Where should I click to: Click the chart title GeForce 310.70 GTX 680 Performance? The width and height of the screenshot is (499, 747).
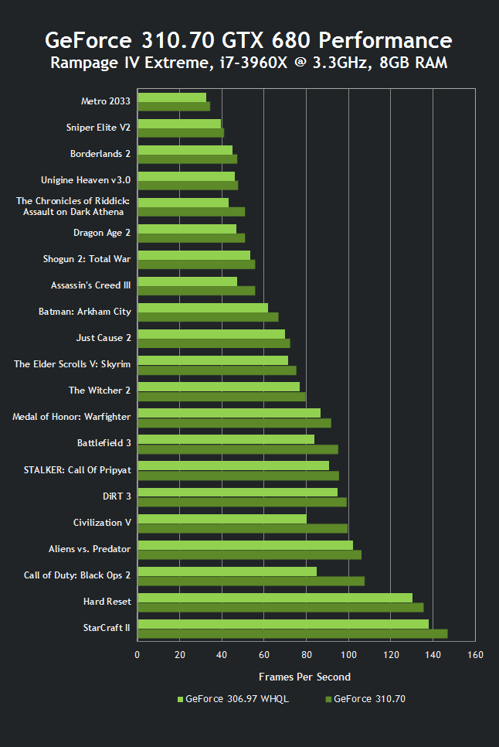click(x=249, y=40)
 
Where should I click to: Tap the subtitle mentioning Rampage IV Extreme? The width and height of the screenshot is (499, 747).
click(x=249, y=63)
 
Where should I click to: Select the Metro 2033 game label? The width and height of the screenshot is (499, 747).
click(x=106, y=101)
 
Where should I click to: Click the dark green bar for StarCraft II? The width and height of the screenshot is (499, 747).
click(x=292, y=634)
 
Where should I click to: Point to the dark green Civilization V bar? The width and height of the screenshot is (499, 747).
click(x=243, y=529)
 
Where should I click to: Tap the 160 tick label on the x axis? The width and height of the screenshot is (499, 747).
click(x=474, y=656)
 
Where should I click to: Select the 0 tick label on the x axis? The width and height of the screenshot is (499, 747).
click(x=137, y=656)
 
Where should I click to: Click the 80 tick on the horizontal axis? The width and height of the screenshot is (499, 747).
click(x=307, y=656)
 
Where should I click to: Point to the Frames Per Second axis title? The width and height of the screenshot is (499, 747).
click(x=304, y=677)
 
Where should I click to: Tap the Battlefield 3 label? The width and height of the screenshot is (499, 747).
click(x=104, y=443)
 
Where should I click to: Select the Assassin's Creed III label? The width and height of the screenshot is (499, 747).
click(x=90, y=285)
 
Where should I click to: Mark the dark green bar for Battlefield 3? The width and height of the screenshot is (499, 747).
click(x=238, y=449)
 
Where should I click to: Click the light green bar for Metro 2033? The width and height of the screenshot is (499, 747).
click(x=172, y=97)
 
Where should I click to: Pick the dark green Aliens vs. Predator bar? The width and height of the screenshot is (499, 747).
click(x=249, y=554)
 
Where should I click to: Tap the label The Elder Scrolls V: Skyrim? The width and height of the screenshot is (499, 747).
click(x=73, y=364)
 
